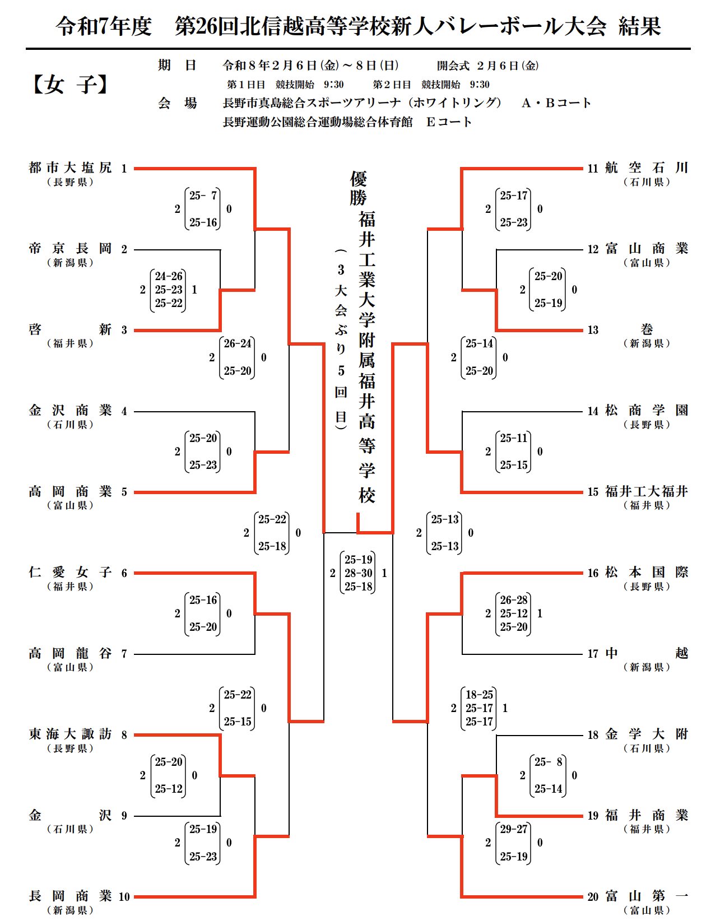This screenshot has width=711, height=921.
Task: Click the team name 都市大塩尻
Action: [70, 168]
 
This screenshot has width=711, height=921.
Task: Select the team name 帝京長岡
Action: [70, 249]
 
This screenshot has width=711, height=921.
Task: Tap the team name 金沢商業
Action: [70, 411]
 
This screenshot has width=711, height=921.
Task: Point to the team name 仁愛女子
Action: [70, 573]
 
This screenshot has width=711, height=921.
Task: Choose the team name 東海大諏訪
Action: [70, 734]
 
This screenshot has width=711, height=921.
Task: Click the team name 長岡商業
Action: [70, 896]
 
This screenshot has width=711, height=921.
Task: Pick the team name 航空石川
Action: [647, 168]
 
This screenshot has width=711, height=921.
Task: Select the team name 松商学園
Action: [647, 411]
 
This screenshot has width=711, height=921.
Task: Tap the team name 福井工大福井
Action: [647, 492]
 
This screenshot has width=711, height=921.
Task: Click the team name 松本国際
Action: [647, 573]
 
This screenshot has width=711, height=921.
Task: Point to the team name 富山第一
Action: [647, 896]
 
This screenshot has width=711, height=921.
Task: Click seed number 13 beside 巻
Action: [593, 331]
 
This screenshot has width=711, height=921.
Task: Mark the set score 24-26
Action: [169, 276]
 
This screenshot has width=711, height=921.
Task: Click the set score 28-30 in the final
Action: [359, 573]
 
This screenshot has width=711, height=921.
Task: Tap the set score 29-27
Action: [514, 829]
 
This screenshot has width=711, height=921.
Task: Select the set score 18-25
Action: [480, 695]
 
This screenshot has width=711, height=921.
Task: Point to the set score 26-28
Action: [514, 600]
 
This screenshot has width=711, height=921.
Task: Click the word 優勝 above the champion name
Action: [359, 188]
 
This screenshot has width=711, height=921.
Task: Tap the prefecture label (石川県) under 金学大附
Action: [647, 748]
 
